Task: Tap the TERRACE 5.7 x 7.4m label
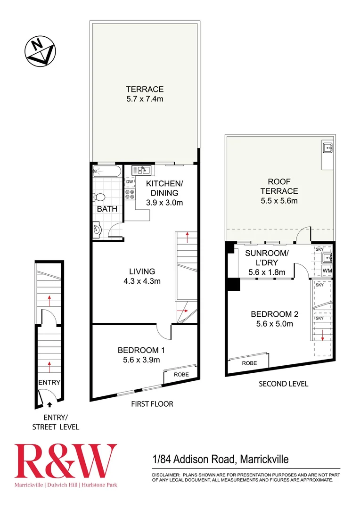(144, 94)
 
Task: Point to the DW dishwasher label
(130, 181)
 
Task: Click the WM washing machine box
(327, 271)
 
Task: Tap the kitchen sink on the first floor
(141, 170)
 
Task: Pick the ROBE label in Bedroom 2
(249, 363)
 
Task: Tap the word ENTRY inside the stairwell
(49, 382)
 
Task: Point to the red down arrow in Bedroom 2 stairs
(322, 336)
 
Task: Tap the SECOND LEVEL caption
(283, 384)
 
